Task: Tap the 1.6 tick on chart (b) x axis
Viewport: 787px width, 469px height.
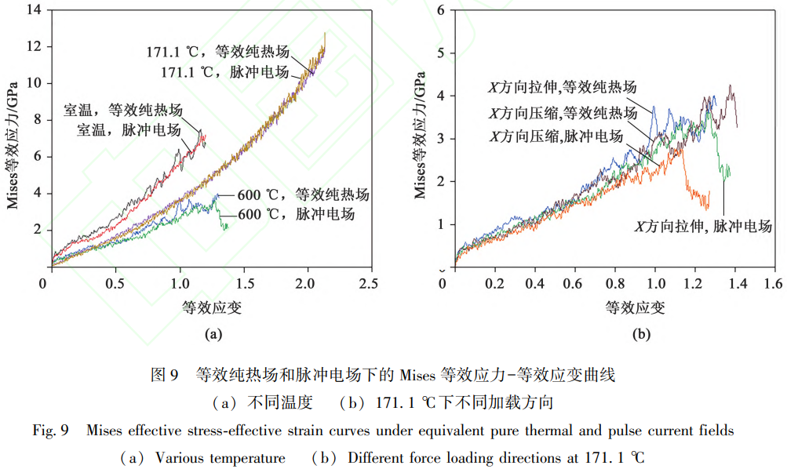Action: tap(774, 282)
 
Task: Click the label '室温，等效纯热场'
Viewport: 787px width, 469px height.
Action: tap(123, 110)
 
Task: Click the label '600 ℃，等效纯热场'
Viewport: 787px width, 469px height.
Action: tap(303, 195)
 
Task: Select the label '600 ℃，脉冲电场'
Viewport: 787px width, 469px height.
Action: tap(296, 214)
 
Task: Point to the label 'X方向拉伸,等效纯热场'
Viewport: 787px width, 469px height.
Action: tap(562, 87)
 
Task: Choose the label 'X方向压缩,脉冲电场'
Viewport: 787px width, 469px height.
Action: tap(556, 136)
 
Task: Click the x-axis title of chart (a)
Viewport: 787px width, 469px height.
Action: tap(211, 307)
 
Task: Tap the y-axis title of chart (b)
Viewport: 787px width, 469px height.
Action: tap(421, 138)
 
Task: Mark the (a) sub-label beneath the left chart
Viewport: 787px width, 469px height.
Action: tap(213, 334)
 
